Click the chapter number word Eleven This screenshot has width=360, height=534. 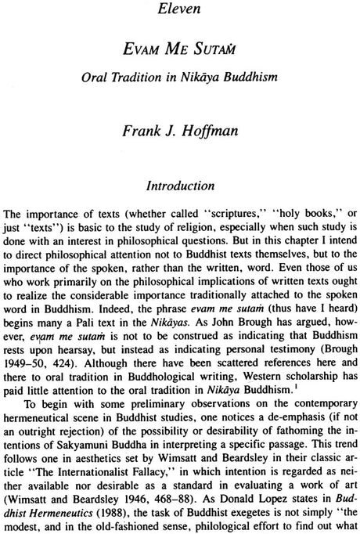[179, 13]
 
